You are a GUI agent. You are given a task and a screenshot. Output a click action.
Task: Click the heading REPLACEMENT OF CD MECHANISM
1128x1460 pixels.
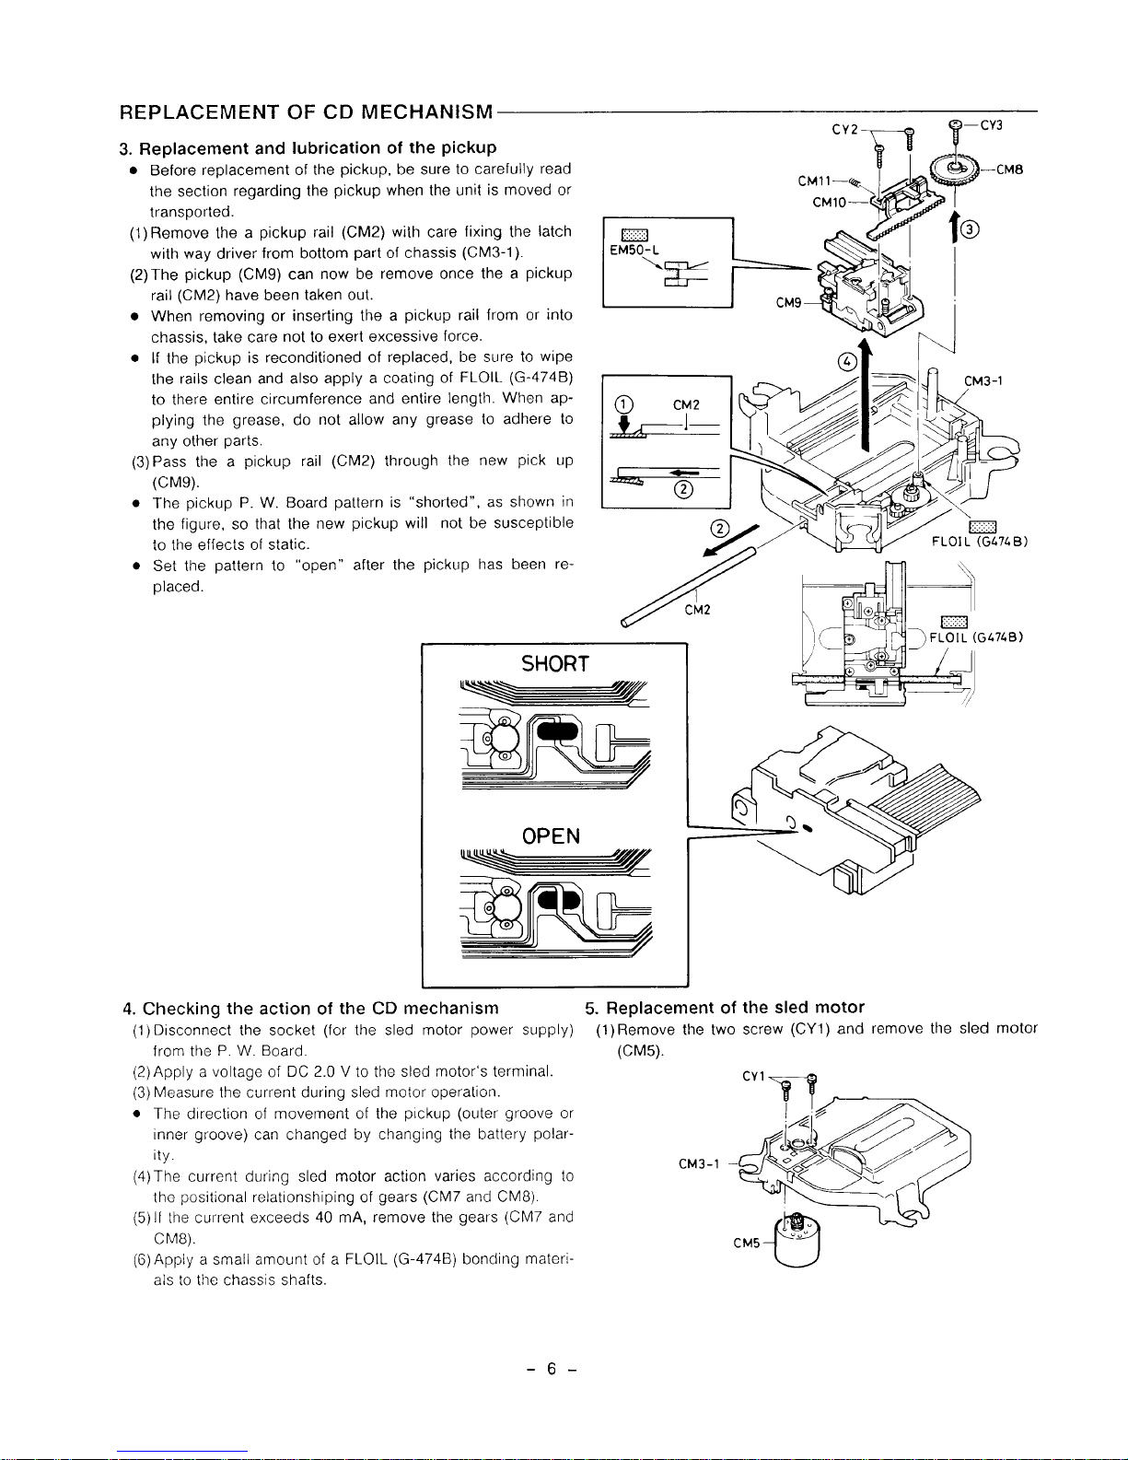pyautogui.click(x=307, y=112)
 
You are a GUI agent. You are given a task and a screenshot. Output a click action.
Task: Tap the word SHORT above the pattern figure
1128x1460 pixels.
pyautogui.click(x=554, y=664)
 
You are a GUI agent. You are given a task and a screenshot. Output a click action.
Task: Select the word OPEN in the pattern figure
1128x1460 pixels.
pyautogui.click(x=551, y=836)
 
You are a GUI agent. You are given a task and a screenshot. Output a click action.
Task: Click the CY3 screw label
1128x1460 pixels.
pyautogui.click(x=991, y=125)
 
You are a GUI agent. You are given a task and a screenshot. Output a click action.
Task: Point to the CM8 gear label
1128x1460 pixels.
pyautogui.click(x=1012, y=169)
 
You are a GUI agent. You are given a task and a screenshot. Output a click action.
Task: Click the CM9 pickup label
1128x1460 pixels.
pyautogui.click(x=789, y=302)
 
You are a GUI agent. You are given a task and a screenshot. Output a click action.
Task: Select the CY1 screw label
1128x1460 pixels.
pyautogui.click(x=754, y=1076)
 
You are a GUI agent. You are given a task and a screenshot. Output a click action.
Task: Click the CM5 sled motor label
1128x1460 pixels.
pyautogui.click(x=747, y=1243)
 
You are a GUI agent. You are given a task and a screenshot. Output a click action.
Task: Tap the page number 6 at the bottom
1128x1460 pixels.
pyautogui.click(x=549, y=1370)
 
